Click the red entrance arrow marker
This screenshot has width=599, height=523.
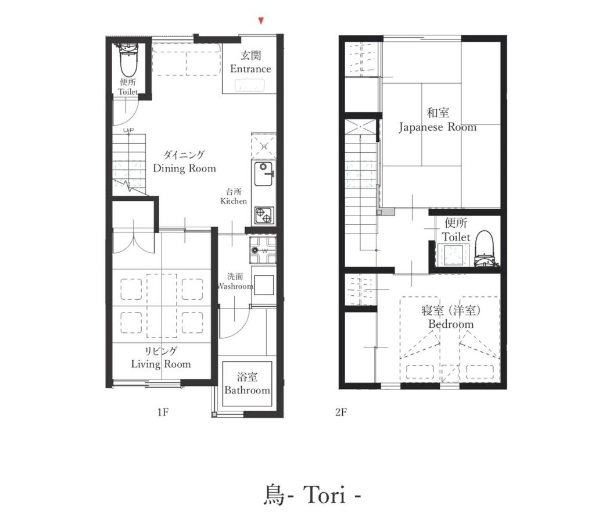(261, 21)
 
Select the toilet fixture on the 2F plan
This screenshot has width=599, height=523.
(484, 249)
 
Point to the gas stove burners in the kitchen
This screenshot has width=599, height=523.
(264, 216)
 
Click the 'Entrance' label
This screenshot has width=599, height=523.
(250, 69)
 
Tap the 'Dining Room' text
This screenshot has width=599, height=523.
(185, 169)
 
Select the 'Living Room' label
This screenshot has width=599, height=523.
(161, 364)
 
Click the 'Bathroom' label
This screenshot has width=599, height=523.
(247, 391)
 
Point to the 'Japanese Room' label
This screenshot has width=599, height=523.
(438, 127)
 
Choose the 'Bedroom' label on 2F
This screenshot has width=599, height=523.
(451, 324)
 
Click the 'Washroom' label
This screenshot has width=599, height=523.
(235, 286)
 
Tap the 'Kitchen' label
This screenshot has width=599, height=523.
(234, 201)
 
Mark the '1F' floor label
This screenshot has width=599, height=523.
(163, 412)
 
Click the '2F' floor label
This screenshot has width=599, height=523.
(341, 412)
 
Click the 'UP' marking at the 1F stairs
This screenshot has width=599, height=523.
(129, 131)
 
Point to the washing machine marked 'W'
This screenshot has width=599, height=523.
(263, 250)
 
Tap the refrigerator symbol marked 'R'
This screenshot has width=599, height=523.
(264, 145)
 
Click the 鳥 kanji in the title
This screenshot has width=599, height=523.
(274, 495)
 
